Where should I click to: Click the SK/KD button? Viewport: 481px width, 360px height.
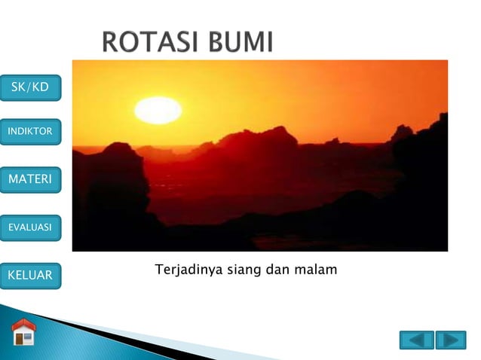[30, 87]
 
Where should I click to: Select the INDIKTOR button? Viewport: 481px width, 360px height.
[30, 132]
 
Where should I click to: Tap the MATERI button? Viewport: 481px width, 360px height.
[30, 179]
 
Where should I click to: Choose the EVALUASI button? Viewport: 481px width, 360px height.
[30, 225]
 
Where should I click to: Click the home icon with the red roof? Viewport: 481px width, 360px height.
[23, 333]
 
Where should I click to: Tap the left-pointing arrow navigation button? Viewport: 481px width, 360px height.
[416, 340]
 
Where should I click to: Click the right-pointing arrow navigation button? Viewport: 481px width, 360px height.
[451, 340]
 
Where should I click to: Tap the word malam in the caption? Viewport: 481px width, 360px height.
[317, 269]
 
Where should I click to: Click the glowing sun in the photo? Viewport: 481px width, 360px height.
[158, 111]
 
